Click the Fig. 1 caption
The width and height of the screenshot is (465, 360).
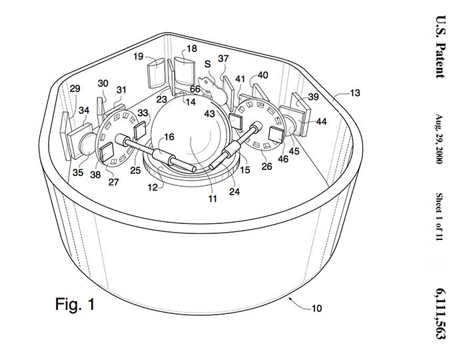[x=75, y=306]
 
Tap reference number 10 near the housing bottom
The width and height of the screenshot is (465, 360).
[x=316, y=308]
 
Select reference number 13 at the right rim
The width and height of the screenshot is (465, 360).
[x=355, y=93]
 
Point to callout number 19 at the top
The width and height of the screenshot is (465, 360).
[x=138, y=57]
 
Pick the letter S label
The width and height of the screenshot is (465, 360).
[x=208, y=63]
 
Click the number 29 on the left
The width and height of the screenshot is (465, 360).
[x=75, y=89]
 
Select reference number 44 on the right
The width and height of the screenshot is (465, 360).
[x=321, y=121]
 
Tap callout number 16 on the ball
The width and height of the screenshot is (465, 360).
[x=169, y=137]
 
